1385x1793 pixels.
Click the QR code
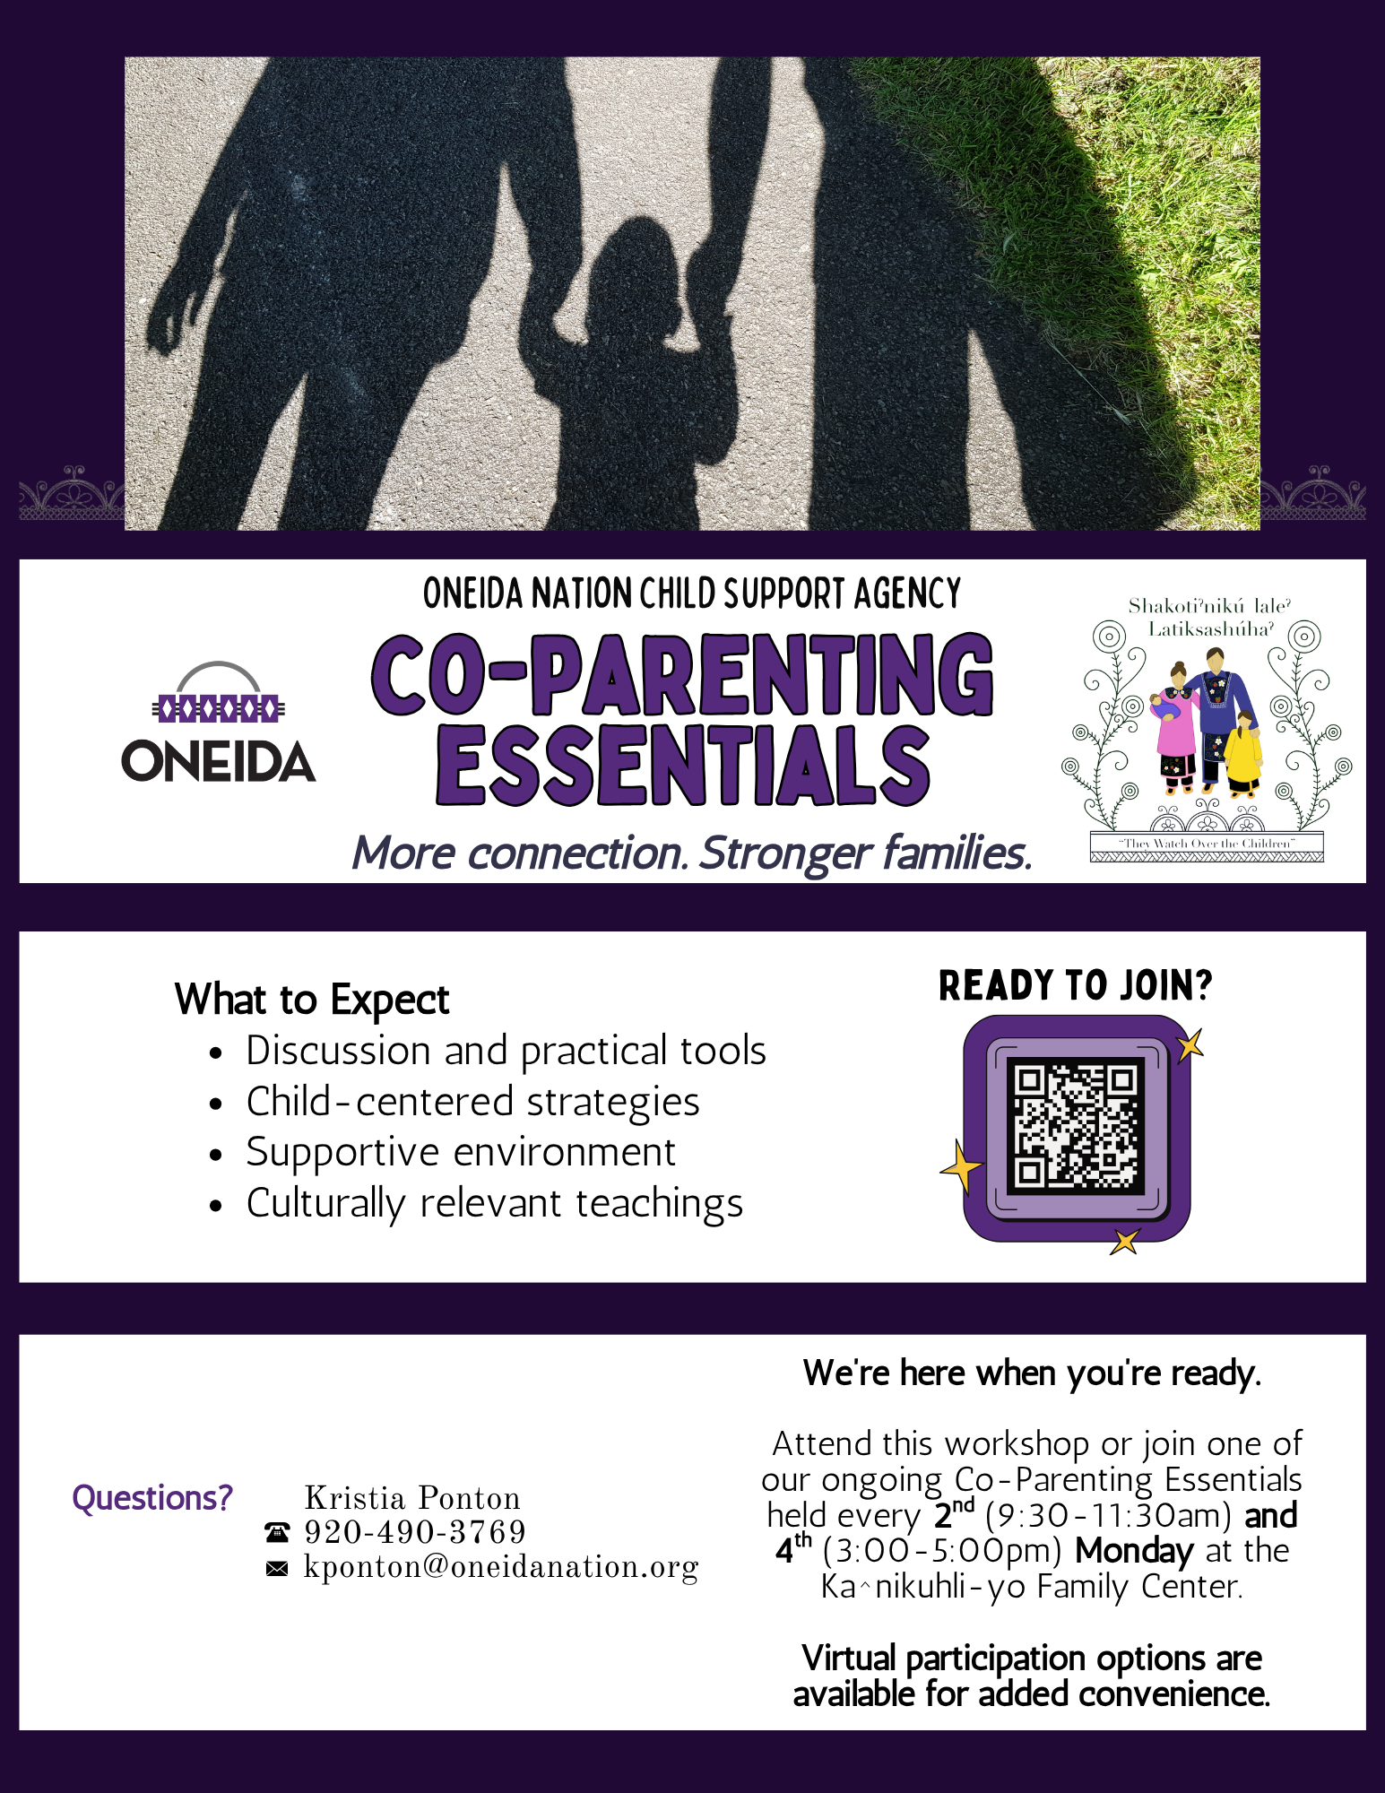(1076, 1126)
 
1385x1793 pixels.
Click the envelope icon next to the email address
(277, 1568)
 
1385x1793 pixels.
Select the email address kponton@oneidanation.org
(501, 1567)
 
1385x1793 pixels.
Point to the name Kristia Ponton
(412, 1498)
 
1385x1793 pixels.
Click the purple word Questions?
(152, 1498)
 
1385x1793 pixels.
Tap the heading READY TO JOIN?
(1075, 985)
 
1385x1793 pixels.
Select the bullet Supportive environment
(461, 1153)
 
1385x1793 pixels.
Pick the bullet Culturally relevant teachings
(495, 1204)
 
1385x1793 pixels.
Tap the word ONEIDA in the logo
(218, 761)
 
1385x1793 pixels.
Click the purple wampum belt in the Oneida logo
(219, 709)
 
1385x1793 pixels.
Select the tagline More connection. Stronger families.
(691, 853)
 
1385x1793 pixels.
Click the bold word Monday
(1134, 1550)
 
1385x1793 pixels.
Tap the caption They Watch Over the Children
(1207, 844)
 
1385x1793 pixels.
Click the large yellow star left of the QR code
(961, 1167)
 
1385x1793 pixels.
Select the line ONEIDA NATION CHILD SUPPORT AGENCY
(691, 593)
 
